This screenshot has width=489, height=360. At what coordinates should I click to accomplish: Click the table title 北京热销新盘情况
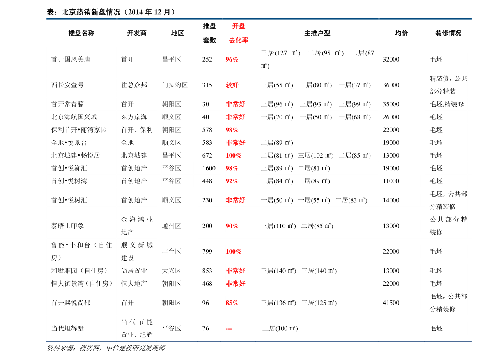coord(91,12)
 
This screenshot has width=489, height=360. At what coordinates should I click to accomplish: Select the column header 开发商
coord(137,33)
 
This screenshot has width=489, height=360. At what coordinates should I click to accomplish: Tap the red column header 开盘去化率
coord(239,33)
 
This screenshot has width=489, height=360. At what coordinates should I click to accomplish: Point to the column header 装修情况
coord(448,33)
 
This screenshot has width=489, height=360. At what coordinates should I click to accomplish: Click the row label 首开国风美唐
coord(71,59)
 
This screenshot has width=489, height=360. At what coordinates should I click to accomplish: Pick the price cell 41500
coord(391,303)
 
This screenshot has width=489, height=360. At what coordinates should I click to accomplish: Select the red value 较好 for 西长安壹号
coord(232,85)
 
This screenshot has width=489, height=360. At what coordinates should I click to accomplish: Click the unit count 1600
coord(209,168)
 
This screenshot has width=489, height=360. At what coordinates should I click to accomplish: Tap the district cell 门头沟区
coord(174,85)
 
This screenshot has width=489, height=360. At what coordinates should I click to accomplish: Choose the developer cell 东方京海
coord(134,117)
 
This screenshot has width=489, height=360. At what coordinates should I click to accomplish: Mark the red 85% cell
coord(232,303)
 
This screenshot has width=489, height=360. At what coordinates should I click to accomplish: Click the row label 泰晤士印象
coord(67,226)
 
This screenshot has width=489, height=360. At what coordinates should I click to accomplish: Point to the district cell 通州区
coord(171,226)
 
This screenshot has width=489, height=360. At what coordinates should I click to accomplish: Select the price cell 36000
coord(391,85)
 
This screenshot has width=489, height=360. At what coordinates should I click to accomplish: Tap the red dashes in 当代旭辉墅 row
coord(229,328)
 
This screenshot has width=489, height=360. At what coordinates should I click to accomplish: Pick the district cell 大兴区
coord(171,271)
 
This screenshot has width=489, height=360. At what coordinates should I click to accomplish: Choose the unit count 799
coord(207,252)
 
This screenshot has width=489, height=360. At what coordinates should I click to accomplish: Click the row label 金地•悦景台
coord(69,142)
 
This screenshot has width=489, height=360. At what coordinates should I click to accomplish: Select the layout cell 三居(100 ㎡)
coord(280,328)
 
